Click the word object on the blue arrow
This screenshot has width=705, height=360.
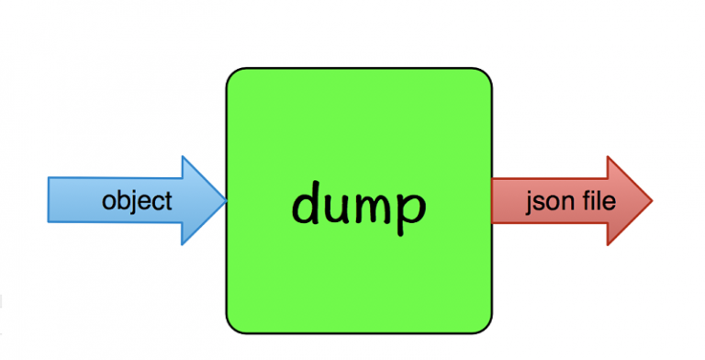click(137, 201)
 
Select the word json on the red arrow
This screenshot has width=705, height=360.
click(543, 200)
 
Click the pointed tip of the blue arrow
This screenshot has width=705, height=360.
click(226, 200)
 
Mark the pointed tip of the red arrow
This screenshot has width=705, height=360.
click(651, 200)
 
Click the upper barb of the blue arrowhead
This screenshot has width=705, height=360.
click(183, 158)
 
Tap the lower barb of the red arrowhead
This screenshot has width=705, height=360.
click(610, 243)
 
